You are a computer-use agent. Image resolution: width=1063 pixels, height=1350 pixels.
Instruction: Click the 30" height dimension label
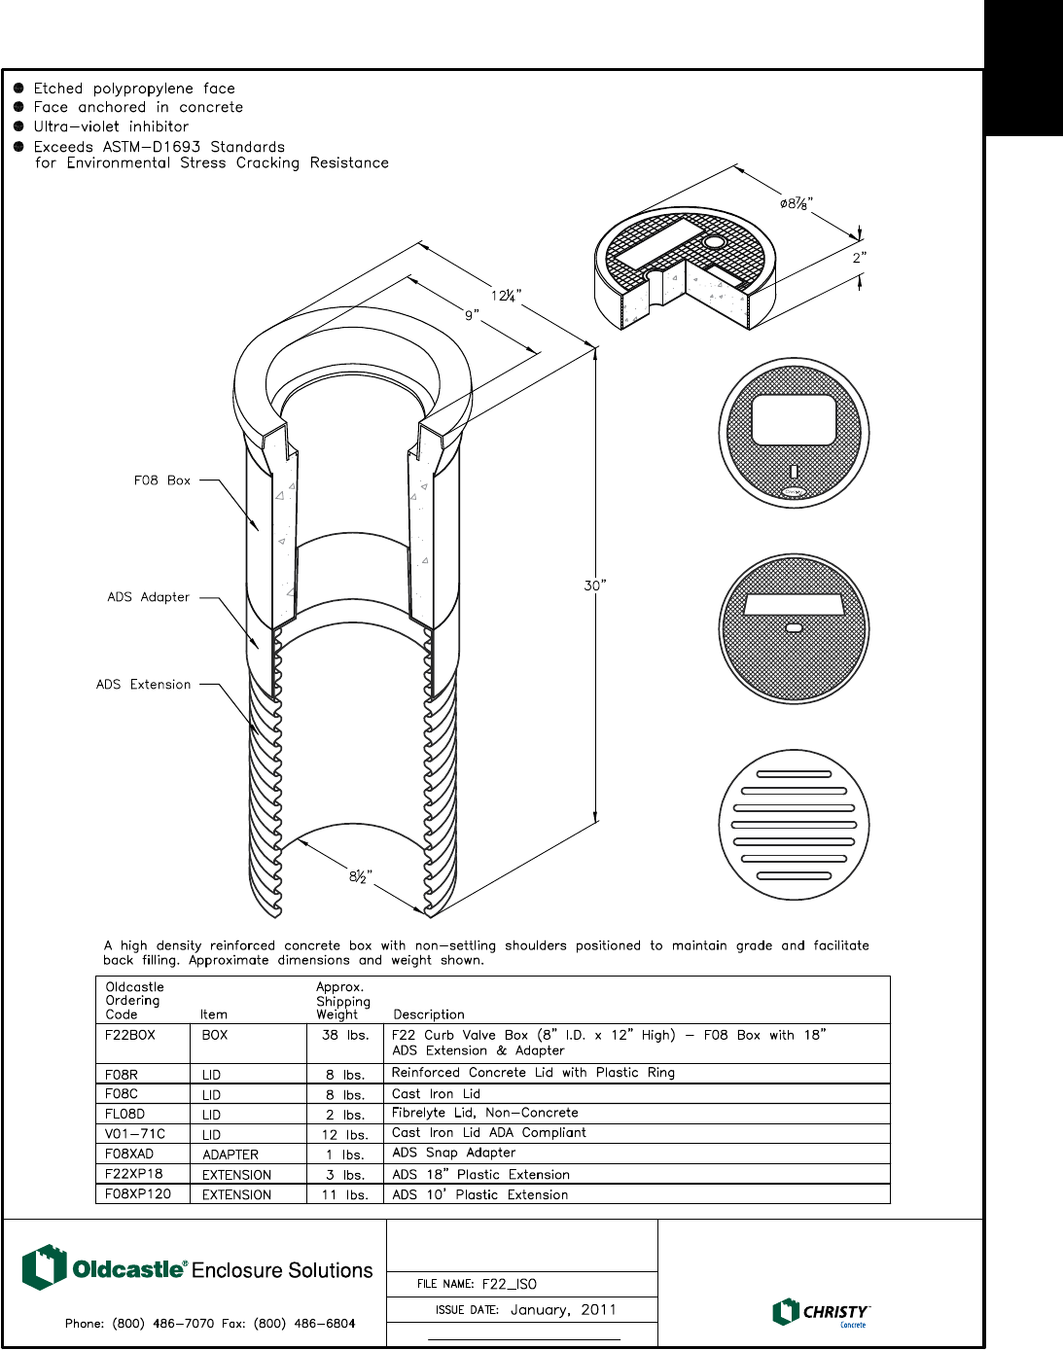[594, 586]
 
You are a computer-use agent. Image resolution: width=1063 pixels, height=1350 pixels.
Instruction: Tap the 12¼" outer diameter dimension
[506, 296]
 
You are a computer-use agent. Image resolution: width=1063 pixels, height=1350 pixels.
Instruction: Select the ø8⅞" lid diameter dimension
[796, 204]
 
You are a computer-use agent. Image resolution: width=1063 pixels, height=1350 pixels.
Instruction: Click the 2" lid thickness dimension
[859, 258]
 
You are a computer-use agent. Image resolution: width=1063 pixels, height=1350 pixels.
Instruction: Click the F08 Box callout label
[162, 480]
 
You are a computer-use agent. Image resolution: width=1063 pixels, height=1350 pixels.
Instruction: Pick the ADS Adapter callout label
[148, 597]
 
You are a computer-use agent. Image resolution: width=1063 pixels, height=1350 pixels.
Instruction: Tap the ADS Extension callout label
[143, 685]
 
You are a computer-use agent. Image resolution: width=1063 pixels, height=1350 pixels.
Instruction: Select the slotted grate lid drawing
[794, 825]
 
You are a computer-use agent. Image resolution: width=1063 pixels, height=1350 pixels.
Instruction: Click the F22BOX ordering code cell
[130, 1035]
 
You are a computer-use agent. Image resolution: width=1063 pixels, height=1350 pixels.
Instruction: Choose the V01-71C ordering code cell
[135, 1134]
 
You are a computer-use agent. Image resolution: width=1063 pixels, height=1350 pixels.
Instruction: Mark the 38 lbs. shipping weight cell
[345, 1035]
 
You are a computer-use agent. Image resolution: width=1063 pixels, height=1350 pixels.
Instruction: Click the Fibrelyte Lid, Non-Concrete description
[484, 1113]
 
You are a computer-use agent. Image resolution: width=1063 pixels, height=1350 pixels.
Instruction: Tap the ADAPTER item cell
[230, 1155]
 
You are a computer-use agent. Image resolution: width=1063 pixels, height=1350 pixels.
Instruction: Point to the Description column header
[429, 1014]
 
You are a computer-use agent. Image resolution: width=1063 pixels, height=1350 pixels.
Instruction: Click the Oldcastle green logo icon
[44, 1267]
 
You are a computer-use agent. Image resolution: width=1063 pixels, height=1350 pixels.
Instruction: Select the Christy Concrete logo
[821, 1312]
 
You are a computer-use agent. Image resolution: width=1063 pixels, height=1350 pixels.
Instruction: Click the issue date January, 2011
[563, 1310]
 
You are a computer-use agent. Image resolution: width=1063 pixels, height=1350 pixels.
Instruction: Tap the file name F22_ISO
[510, 1284]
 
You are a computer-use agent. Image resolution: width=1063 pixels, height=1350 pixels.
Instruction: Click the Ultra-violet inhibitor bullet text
[111, 126]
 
